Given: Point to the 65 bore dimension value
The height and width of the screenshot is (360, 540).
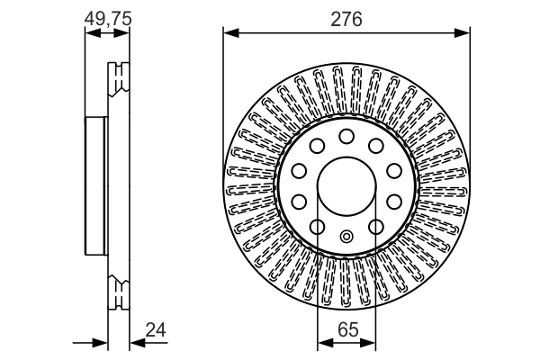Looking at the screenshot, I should (x=346, y=330).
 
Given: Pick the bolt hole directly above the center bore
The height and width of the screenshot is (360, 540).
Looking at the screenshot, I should (x=346, y=136).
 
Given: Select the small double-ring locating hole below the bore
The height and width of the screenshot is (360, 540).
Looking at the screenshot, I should (x=346, y=237).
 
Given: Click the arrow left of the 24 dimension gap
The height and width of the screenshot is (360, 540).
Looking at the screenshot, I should (x=101, y=343).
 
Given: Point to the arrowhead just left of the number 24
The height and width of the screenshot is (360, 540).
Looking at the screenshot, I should (x=136, y=343).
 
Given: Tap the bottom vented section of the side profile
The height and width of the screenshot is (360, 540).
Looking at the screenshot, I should (x=118, y=293).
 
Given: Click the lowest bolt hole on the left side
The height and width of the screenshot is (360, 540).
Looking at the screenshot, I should (x=317, y=226).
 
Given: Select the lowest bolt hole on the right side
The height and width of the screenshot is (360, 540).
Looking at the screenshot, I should (x=376, y=226).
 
